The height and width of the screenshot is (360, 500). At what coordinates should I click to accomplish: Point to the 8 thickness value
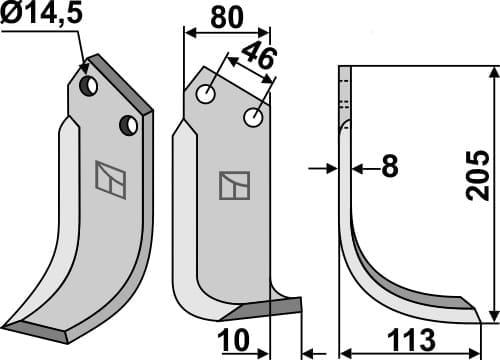pyautogui.click(x=389, y=168)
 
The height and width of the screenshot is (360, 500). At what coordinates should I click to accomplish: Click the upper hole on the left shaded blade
pyautogui.click(x=90, y=87)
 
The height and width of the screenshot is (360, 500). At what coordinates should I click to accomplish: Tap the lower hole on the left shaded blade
pyautogui.click(x=127, y=125)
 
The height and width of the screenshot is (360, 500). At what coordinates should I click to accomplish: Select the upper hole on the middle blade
pyautogui.click(x=207, y=96)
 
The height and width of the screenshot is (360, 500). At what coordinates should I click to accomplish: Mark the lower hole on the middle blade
pyautogui.click(x=253, y=119)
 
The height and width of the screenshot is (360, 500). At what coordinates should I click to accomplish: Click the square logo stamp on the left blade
pyautogui.click(x=109, y=176)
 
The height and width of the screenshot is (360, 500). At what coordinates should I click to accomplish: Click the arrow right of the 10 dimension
pyautogui.click(x=309, y=351)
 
